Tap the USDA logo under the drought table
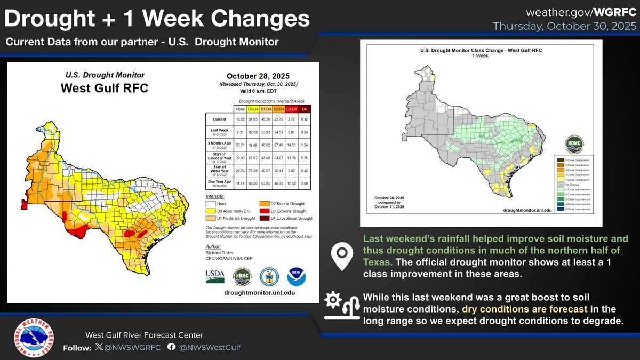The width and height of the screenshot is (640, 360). tap(216, 276)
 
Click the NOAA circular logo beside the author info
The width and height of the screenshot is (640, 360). tap(296, 276)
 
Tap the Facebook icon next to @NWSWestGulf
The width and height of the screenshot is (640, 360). tap(171, 347)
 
